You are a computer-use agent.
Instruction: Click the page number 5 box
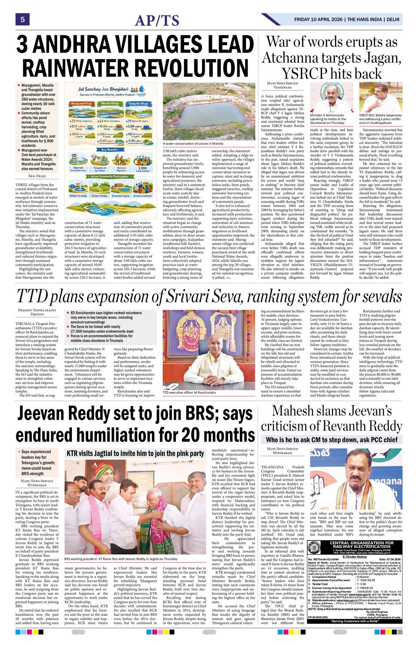coord(22,19)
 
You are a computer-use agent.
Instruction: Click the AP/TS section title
coord(157,20)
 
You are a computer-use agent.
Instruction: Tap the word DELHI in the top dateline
coord(393,19)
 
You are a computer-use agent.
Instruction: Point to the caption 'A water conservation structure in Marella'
coord(193,144)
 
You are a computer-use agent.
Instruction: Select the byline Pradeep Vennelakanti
coord(37,310)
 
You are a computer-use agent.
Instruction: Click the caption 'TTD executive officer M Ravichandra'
coord(189,393)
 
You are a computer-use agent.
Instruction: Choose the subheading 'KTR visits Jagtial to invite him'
coord(135,453)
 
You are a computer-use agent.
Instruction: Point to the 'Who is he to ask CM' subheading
coord(332,439)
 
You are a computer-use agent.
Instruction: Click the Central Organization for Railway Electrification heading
coord(362,545)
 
